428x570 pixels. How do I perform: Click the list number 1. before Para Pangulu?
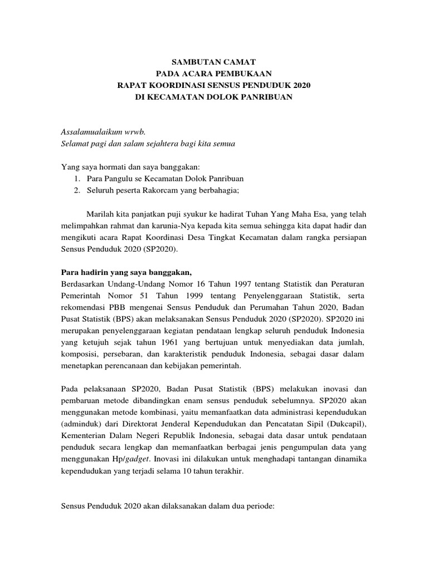click(76, 179)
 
